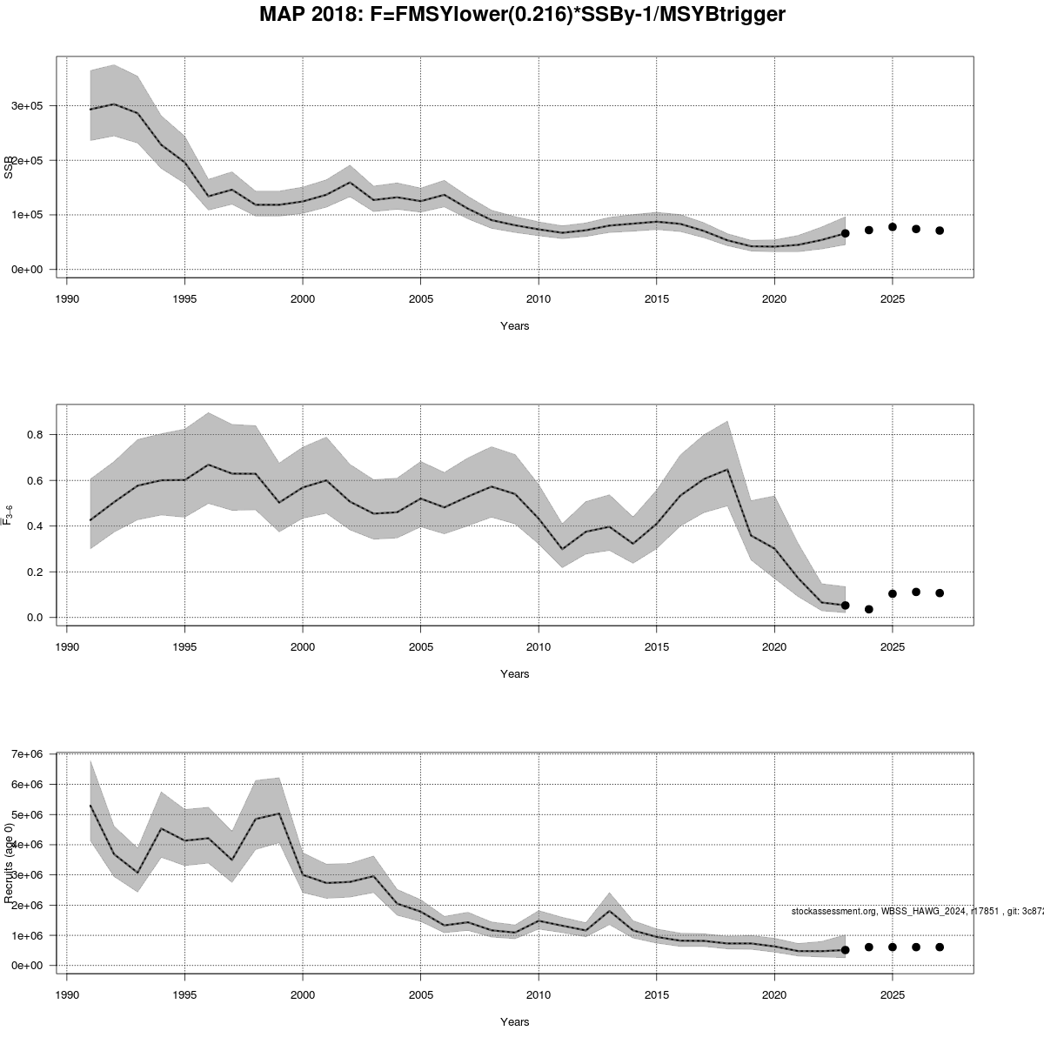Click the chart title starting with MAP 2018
(x=522, y=15)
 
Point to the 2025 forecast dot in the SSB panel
(x=892, y=227)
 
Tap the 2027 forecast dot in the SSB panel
(x=940, y=231)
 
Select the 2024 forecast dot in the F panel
(x=868, y=609)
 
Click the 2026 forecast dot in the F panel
(x=916, y=592)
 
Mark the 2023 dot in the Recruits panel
(x=845, y=950)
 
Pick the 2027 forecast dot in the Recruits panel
(x=940, y=947)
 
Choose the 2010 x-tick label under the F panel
(x=539, y=646)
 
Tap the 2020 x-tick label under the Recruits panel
(x=774, y=994)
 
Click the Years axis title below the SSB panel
(x=514, y=326)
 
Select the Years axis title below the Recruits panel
(x=514, y=1022)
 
